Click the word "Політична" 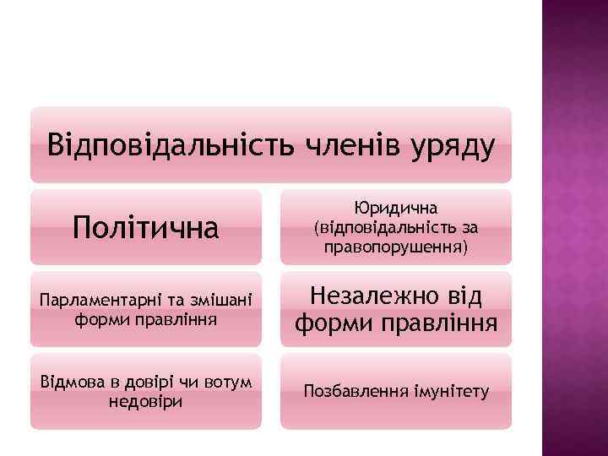(x=144, y=226)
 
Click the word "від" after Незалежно (x=465, y=296)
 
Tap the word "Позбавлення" (x=350, y=392)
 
